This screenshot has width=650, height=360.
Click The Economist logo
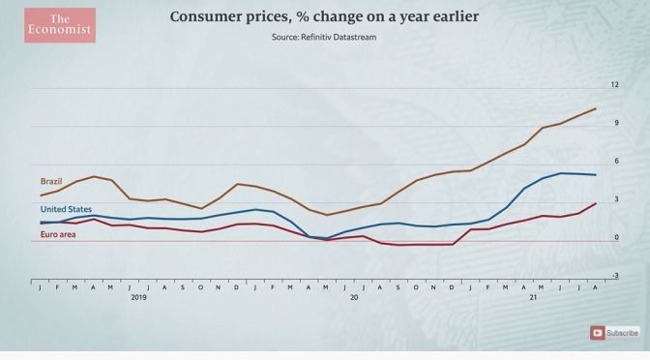pyautogui.click(x=60, y=25)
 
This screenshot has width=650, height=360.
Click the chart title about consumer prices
pyautogui.click(x=325, y=16)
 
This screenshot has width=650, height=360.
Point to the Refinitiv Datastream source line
pyautogui.click(x=325, y=38)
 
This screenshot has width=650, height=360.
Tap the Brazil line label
pyautogui.click(x=51, y=181)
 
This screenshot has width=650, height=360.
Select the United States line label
pyautogui.click(x=66, y=209)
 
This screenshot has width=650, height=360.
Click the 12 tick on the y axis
pyautogui.click(x=614, y=85)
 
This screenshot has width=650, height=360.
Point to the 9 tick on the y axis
pyautogui.click(x=614, y=123)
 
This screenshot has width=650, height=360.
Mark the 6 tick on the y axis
pyautogui.click(x=614, y=161)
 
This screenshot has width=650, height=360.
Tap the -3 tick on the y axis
pyautogui.click(x=613, y=275)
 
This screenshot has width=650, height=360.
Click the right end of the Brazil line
pyautogui.click(x=595, y=109)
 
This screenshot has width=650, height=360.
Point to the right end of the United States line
pyautogui.click(x=595, y=175)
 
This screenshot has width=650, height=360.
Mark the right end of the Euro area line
pyautogui.click(x=595, y=203)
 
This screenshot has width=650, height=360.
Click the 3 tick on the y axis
pyautogui.click(x=614, y=198)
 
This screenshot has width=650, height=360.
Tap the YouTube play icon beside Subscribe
pyautogui.click(x=599, y=333)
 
